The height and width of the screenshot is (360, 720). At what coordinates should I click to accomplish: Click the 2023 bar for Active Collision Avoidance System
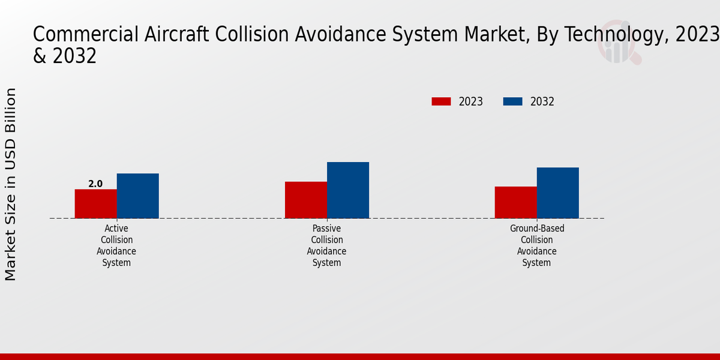pyautogui.click(x=95, y=204)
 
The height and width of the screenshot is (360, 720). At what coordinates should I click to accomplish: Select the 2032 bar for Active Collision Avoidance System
pyautogui.click(x=137, y=196)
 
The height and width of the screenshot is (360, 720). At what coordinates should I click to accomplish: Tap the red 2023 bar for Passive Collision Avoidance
pyautogui.click(x=305, y=200)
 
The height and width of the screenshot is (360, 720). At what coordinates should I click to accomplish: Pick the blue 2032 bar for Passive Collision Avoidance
pyautogui.click(x=348, y=190)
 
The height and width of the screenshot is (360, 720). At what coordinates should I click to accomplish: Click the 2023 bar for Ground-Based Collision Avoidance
pyautogui.click(x=515, y=202)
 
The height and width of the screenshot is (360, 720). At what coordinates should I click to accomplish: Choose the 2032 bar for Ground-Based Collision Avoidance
pyautogui.click(x=557, y=193)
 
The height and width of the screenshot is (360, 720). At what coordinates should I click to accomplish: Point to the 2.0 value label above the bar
pyautogui.click(x=95, y=184)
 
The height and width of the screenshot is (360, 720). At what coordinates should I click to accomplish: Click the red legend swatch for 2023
pyautogui.click(x=441, y=101)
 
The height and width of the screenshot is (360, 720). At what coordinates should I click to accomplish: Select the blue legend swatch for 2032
pyautogui.click(x=512, y=101)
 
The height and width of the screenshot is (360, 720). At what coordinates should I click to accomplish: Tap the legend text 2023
pyautogui.click(x=470, y=101)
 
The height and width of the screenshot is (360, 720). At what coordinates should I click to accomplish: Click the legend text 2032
pyautogui.click(x=542, y=101)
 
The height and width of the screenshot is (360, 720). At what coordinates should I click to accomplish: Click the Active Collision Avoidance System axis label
pyautogui.click(x=116, y=245)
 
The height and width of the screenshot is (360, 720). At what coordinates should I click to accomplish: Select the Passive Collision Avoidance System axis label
pyautogui.click(x=327, y=245)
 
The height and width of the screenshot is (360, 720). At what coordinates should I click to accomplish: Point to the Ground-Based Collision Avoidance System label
pyautogui.click(x=537, y=245)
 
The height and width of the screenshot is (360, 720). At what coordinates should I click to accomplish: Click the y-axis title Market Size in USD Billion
pyautogui.click(x=11, y=184)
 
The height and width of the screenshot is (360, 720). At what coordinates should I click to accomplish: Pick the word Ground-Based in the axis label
pyautogui.click(x=537, y=229)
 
